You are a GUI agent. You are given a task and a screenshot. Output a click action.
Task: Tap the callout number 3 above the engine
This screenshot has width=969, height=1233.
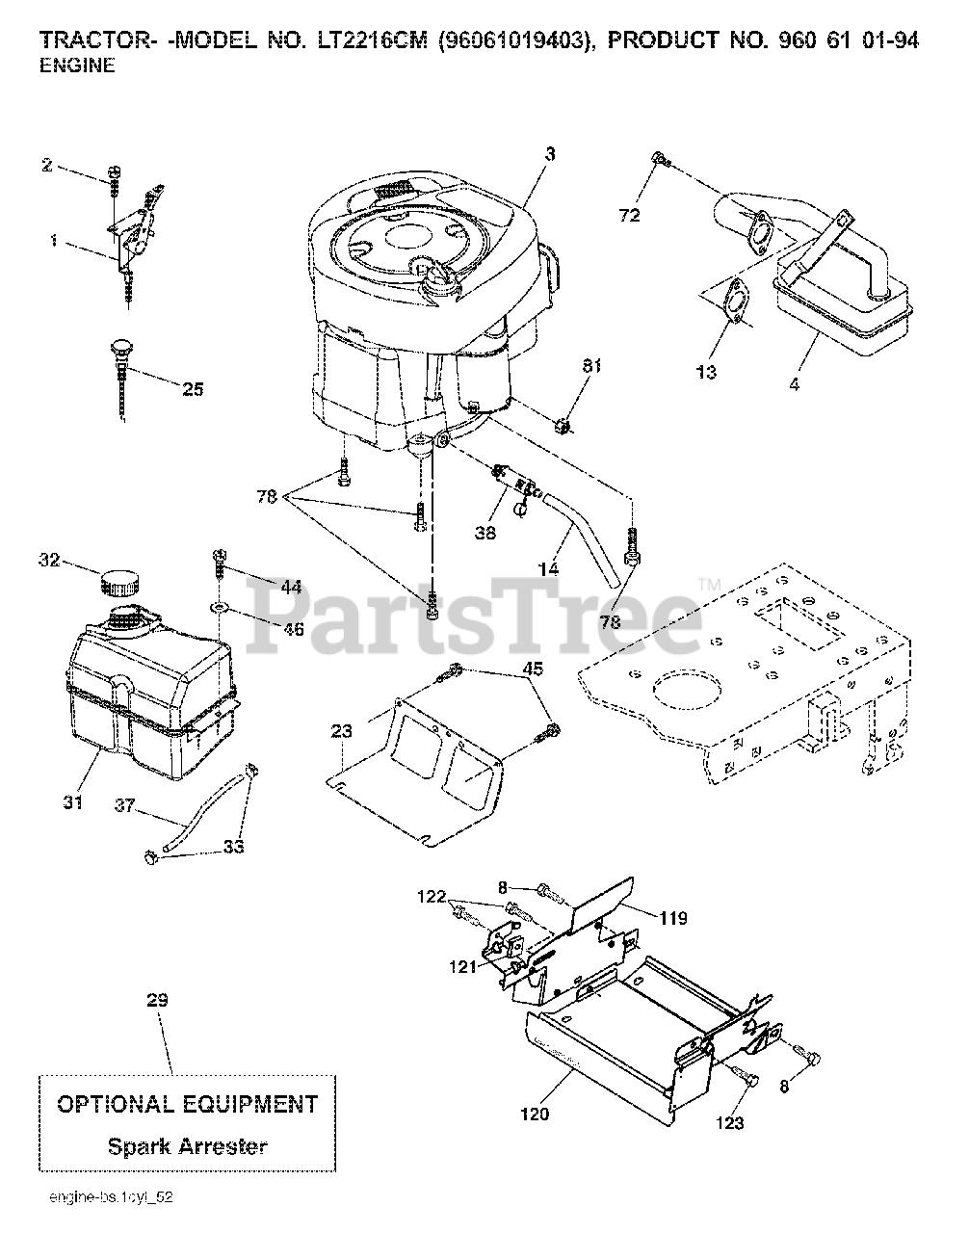click(549, 153)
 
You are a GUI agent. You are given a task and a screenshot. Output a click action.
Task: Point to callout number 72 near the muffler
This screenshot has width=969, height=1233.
click(629, 215)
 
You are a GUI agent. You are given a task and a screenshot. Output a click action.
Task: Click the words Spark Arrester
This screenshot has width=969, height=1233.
click(187, 1146)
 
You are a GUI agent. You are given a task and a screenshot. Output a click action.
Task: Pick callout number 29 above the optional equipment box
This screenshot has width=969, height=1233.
click(157, 1001)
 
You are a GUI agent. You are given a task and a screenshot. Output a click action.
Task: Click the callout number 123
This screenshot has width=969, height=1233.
click(729, 1122)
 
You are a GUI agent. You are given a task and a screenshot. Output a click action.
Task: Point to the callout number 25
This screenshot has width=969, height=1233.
click(193, 389)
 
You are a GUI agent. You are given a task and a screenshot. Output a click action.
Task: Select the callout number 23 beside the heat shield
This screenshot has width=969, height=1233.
click(343, 731)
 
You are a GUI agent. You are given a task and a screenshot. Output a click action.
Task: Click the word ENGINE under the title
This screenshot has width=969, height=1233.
click(76, 66)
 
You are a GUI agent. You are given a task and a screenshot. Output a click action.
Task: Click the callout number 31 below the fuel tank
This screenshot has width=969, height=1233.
click(73, 800)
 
